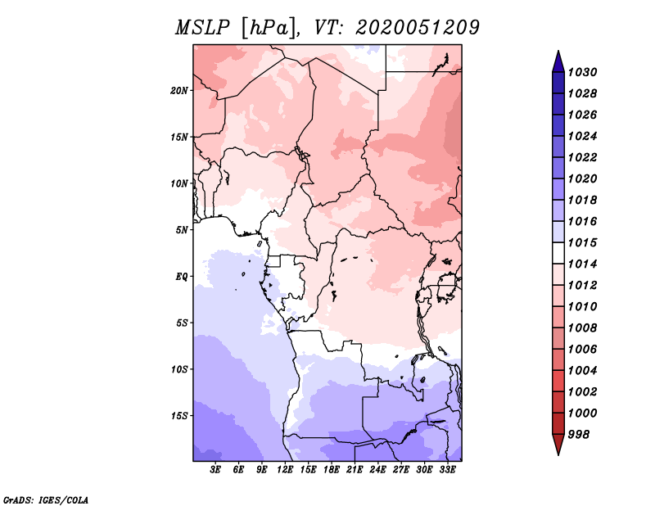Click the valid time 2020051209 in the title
point(417,27)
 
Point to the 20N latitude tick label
point(180,90)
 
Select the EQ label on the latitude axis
point(182,276)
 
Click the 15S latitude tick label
point(180,415)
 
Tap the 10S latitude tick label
point(180,369)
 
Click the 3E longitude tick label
point(216,470)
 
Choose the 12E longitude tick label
point(286,470)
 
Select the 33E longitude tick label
point(448,470)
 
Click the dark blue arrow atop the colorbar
point(558,61)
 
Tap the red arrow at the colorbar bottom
point(558,445)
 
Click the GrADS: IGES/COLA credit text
point(45,499)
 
